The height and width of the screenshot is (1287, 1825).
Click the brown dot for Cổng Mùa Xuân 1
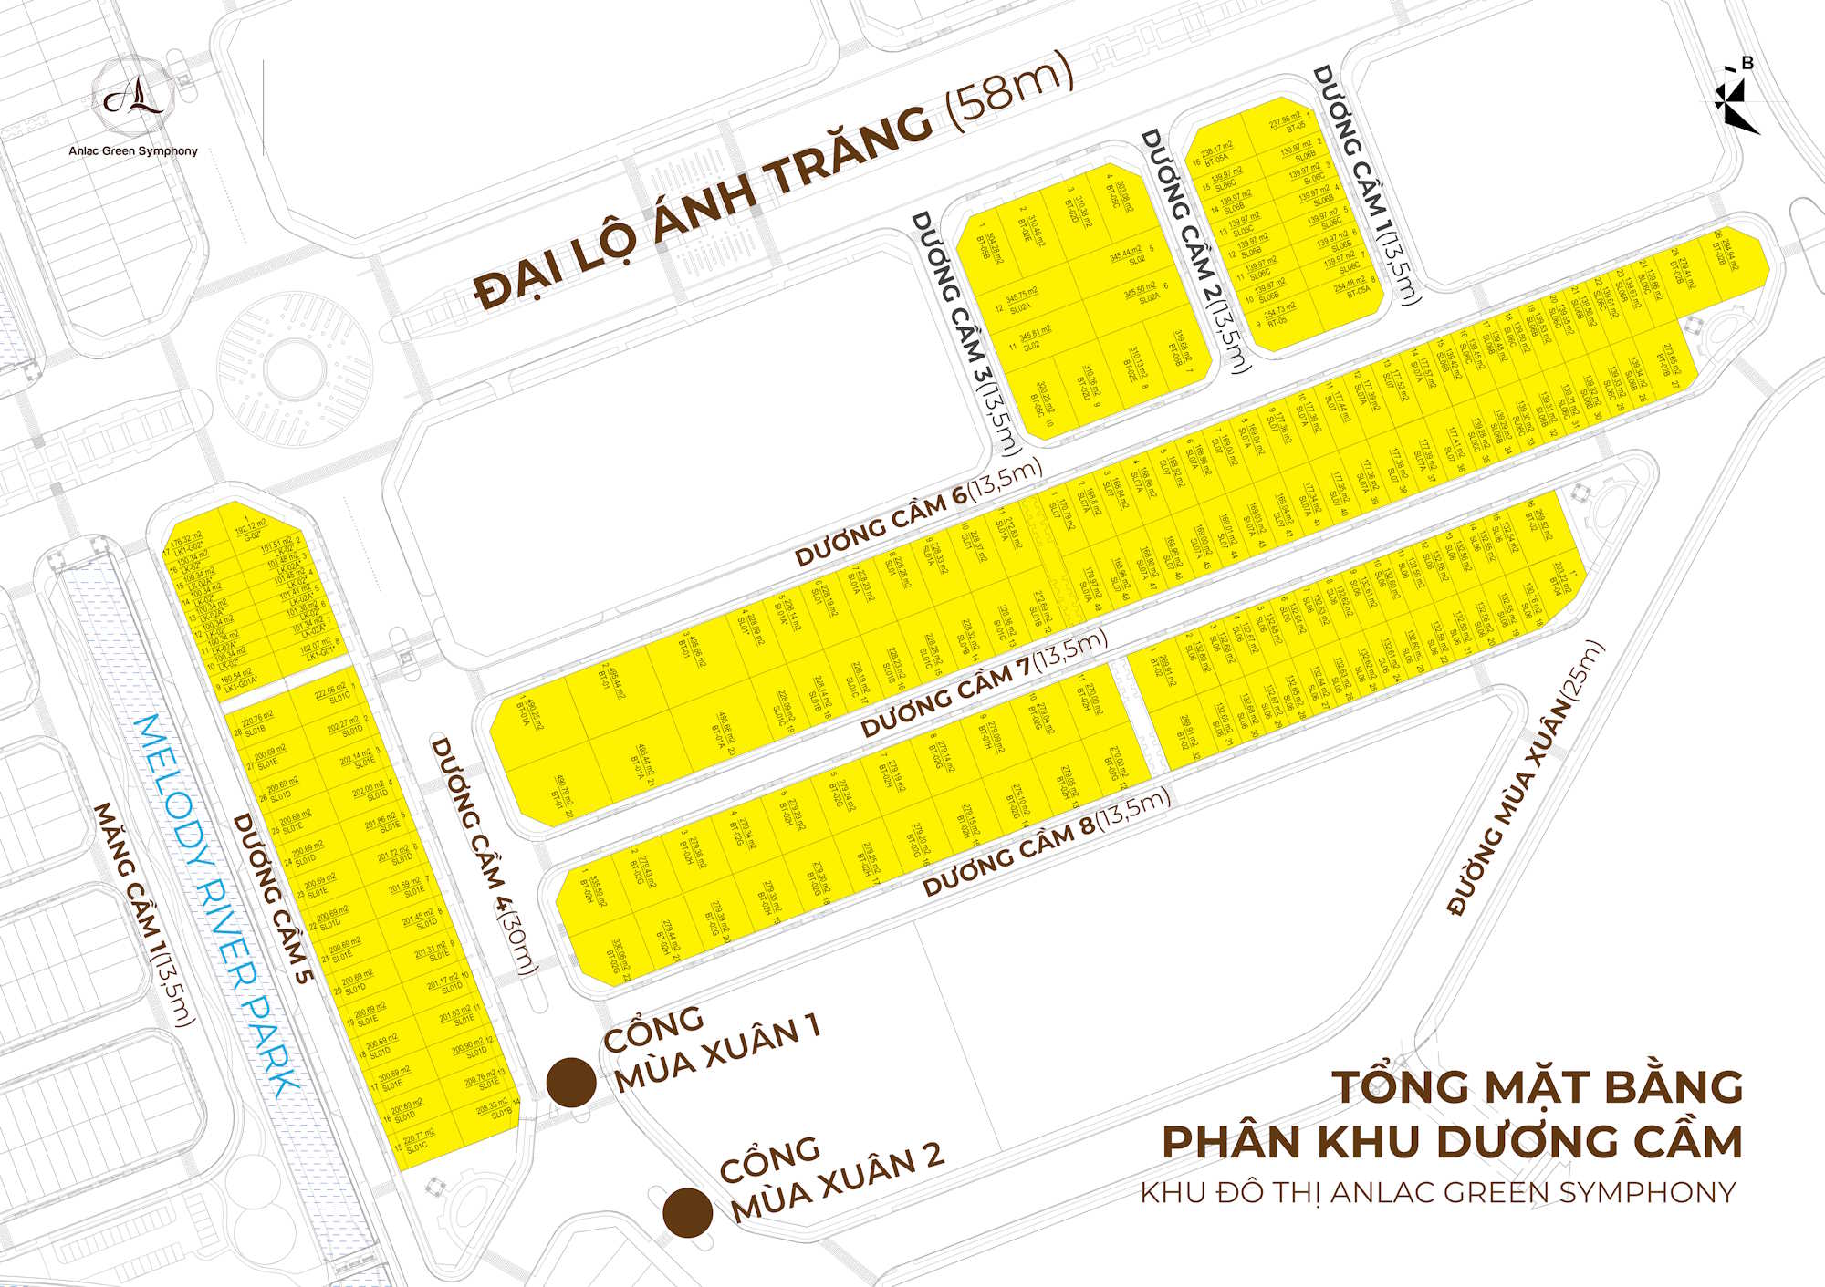point(571,1083)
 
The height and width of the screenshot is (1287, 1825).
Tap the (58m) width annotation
point(1008,91)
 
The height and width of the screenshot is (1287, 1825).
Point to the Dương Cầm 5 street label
point(272,898)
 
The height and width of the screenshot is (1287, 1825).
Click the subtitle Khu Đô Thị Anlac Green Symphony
point(1437,1192)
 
